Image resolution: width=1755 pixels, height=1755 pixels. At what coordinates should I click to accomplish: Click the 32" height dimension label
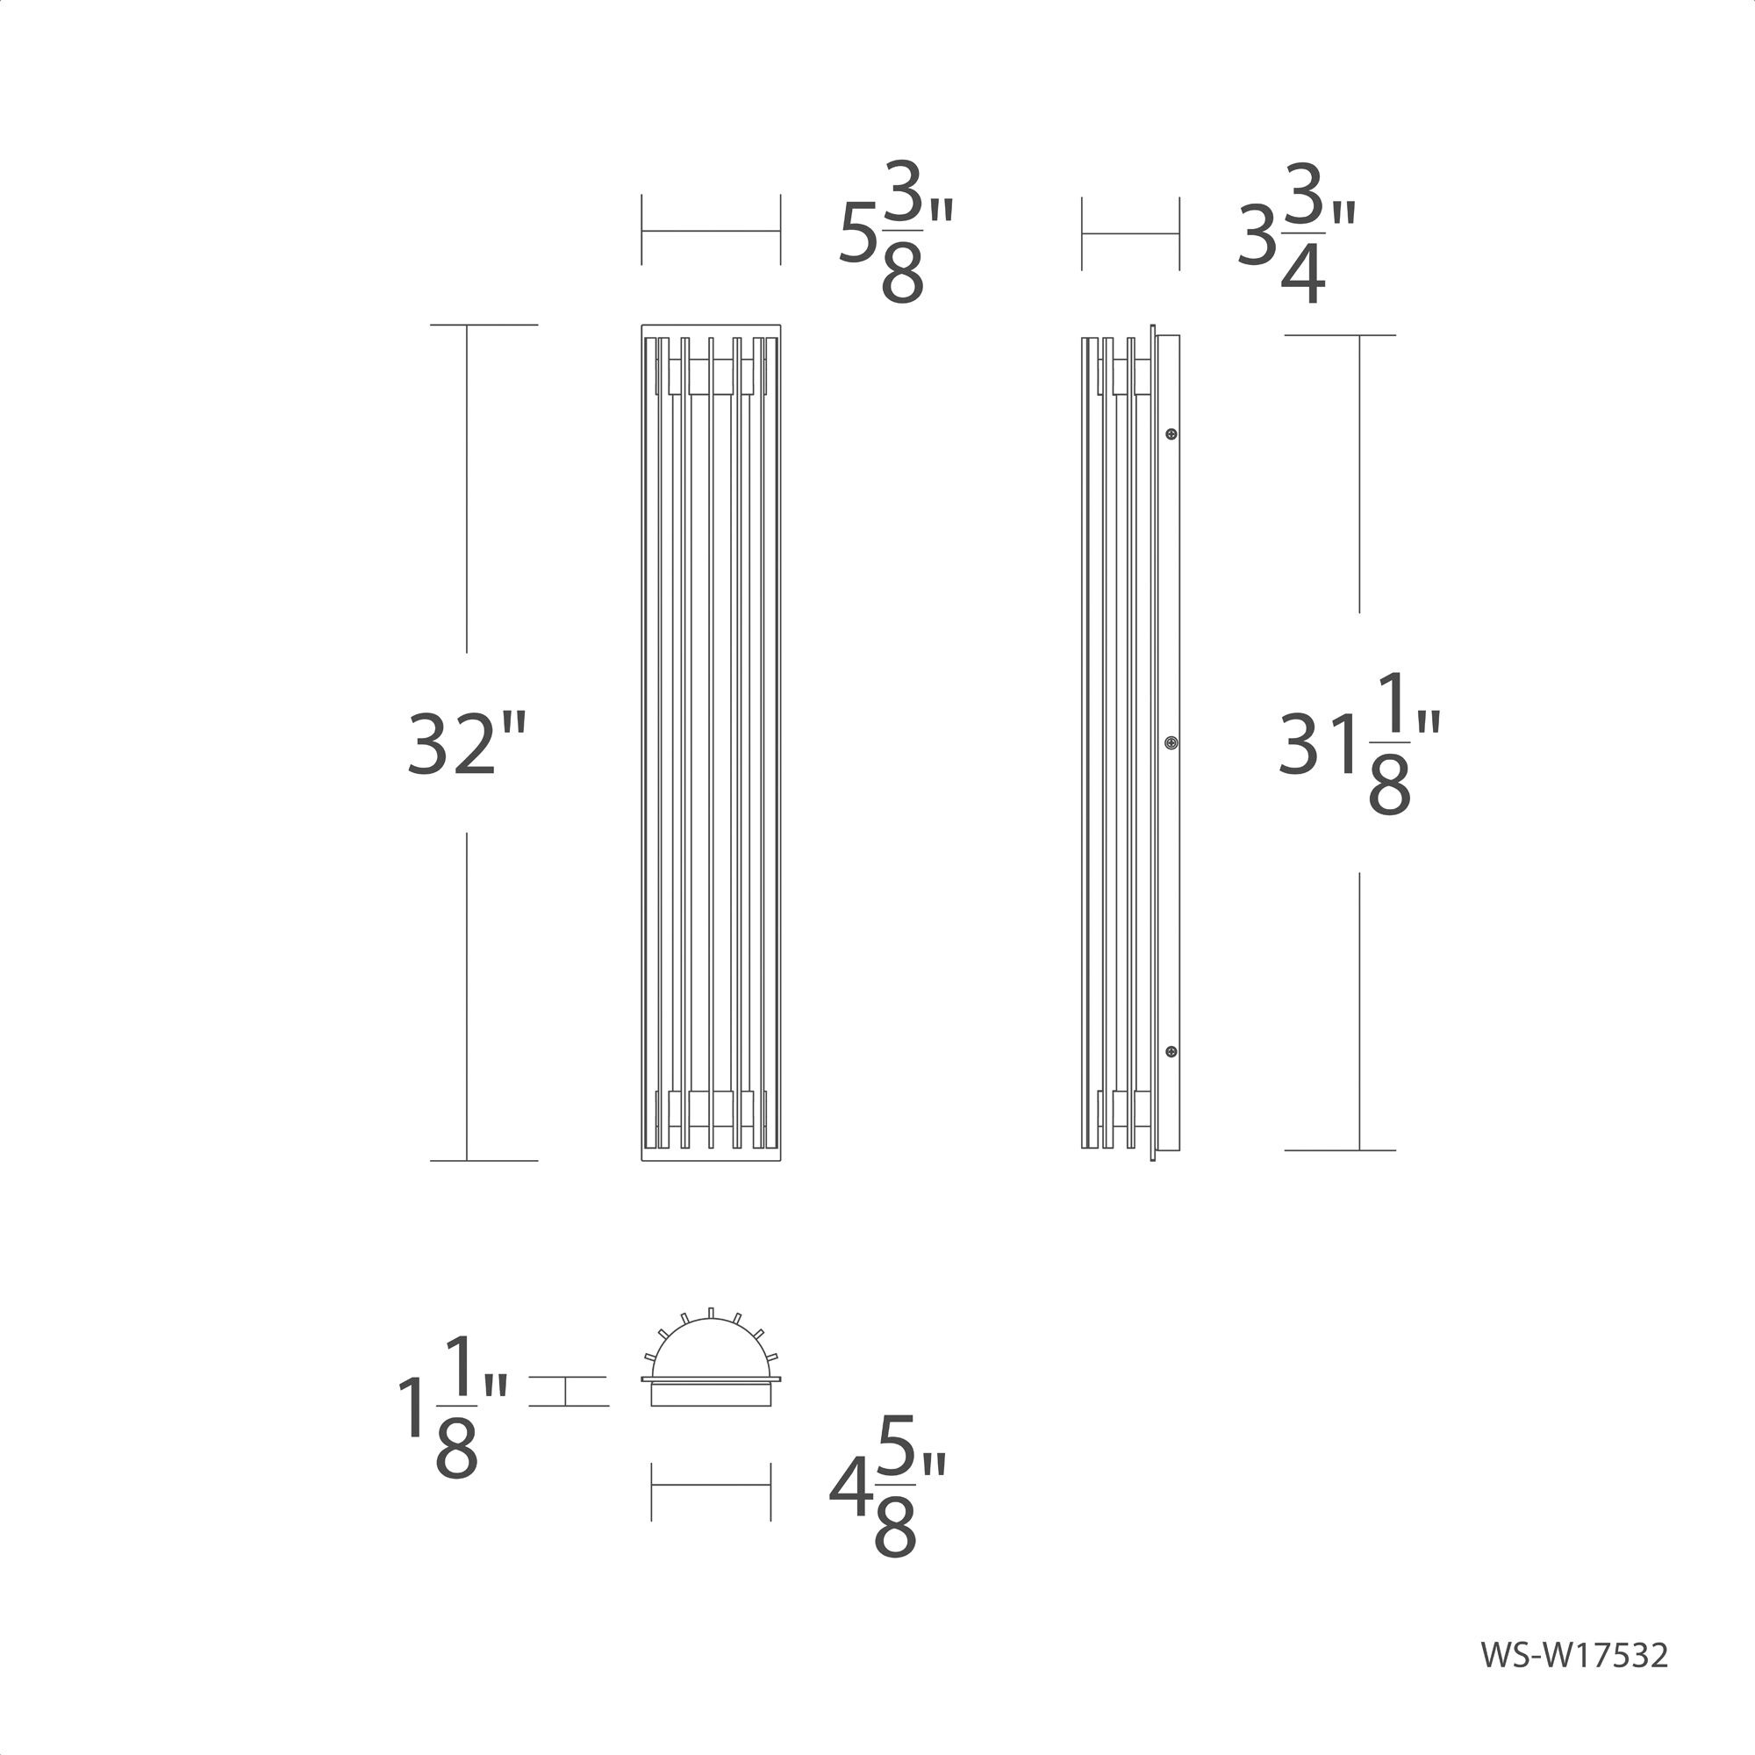tap(466, 744)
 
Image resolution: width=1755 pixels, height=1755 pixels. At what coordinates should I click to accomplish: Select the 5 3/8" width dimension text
tap(895, 233)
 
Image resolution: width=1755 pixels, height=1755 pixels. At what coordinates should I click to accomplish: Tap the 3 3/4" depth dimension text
tap(1296, 234)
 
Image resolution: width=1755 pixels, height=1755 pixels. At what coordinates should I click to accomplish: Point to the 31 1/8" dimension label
tap(1358, 744)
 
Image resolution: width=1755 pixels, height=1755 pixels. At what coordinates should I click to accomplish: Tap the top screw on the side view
tap(1171, 434)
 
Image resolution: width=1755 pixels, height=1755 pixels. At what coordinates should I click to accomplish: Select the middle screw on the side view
tap(1171, 743)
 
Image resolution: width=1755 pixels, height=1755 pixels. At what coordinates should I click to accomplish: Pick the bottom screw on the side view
tap(1171, 1052)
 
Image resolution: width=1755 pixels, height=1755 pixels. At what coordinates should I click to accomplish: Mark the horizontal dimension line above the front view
tap(711, 231)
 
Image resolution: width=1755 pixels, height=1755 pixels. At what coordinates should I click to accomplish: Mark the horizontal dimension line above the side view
tap(1130, 233)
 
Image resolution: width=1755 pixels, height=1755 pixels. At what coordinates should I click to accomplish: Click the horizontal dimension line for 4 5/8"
tap(711, 1486)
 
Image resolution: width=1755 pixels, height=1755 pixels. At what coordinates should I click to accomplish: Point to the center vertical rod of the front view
tap(712, 743)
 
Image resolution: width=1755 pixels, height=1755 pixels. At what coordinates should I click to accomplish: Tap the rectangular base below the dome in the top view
tap(711, 1395)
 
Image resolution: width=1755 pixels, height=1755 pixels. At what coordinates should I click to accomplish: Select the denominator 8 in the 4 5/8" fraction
tap(895, 1529)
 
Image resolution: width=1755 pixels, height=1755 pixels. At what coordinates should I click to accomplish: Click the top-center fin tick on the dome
tap(712, 1312)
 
